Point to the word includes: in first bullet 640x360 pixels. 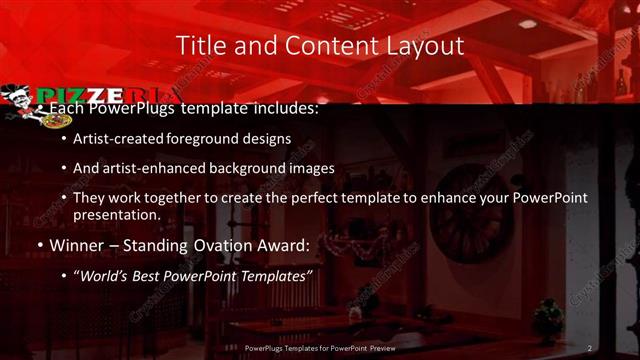[x=285, y=108]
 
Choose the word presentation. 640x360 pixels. [x=116, y=214]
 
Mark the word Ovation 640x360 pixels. [x=207, y=244]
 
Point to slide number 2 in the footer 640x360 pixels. [x=590, y=347]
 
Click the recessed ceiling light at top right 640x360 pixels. [x=527, y=23]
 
